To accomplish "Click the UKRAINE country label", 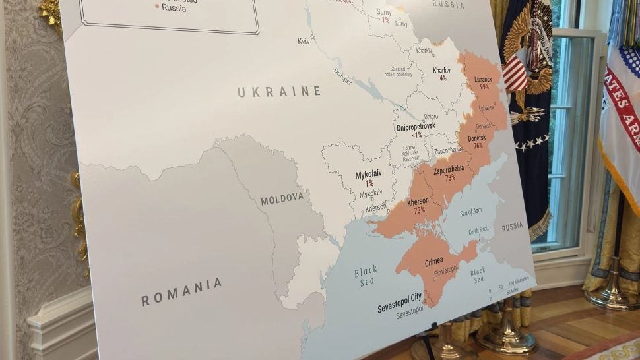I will [x=279, y=92].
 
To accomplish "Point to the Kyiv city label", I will [x=304, y=41].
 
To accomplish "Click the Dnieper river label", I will [x=342, y=77].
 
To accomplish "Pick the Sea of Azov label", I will [x=471, y=211].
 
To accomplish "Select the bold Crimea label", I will [x=433, y=262].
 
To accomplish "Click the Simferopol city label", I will [x=446, y=270].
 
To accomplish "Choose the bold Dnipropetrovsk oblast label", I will [x=416, y=126].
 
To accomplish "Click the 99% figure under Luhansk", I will [x=484, y=86].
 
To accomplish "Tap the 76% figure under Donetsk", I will [x=478, y=146].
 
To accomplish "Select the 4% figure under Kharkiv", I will [x=443, y=78].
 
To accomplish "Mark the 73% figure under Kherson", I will [x=419, y=210].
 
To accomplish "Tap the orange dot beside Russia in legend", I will [x=157, y=7].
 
